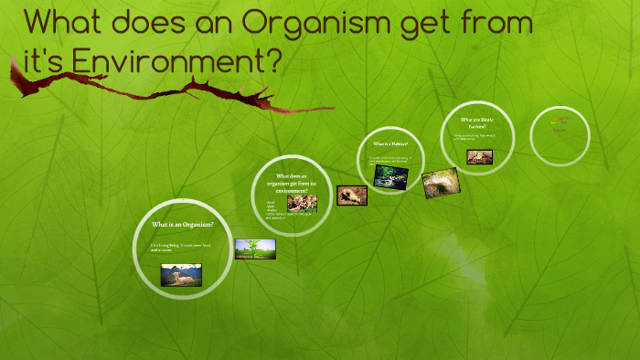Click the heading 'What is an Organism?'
[x=183, y=225]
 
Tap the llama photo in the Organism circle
[x=181, y=274]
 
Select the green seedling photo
[x=255, y=249]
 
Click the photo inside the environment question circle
[x=302, y=203]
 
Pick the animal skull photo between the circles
[x=352, y=195]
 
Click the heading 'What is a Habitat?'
[x=391, y=144]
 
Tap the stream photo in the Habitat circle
[x=389, y=175]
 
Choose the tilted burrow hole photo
[x=441, y=183]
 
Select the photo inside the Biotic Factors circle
[x=479, y=156]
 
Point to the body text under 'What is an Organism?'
[x=181, y=248]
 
